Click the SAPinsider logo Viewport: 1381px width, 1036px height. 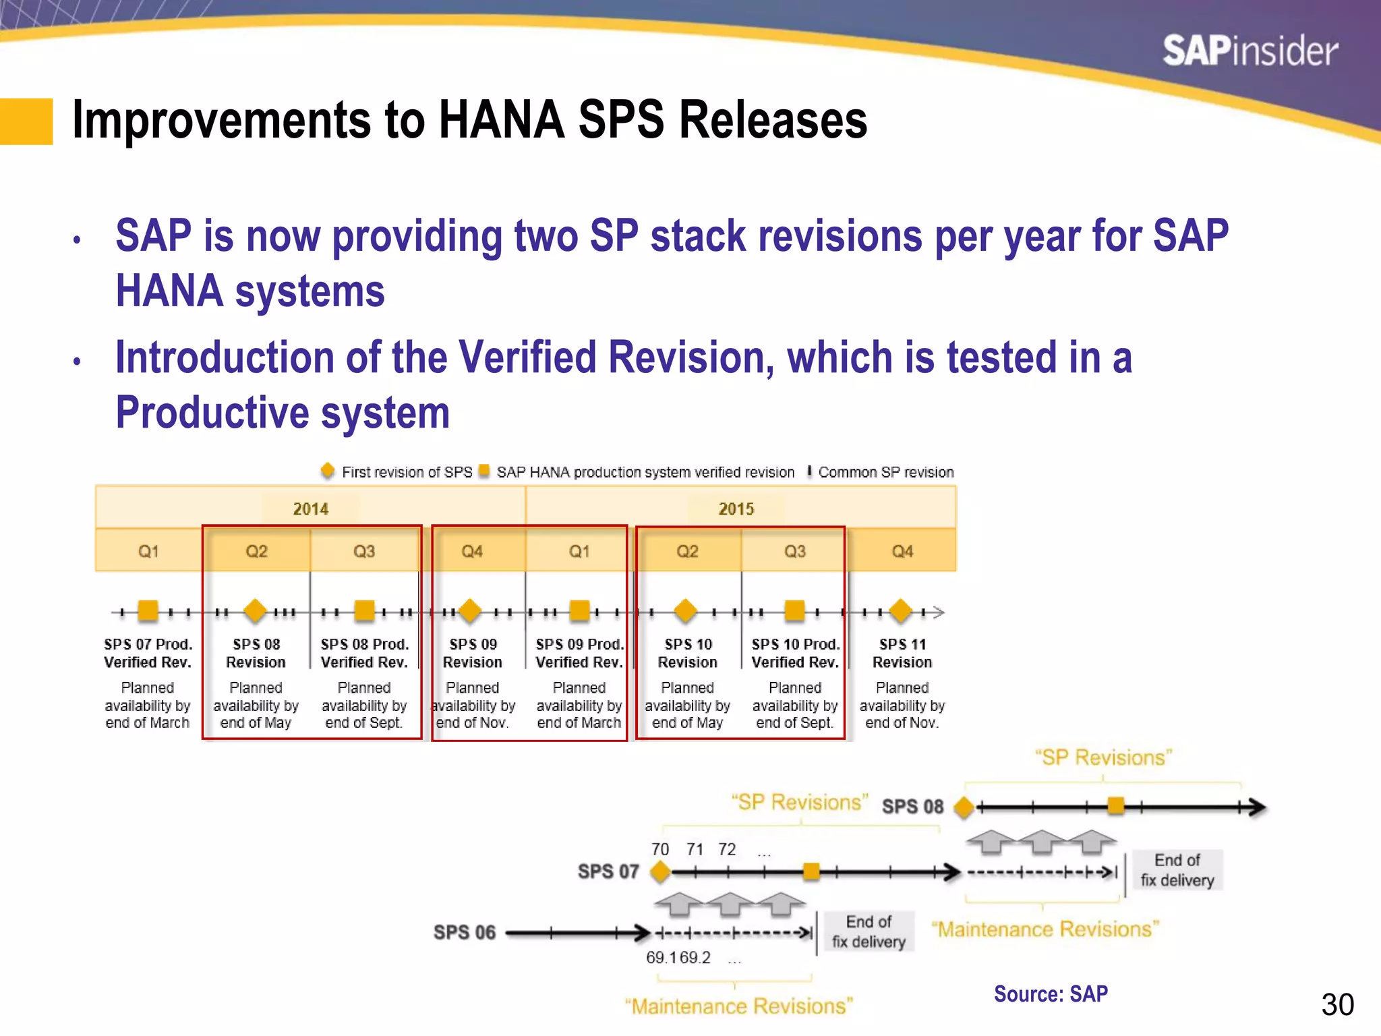(x=1250, y=51)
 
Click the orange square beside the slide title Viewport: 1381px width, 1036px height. (x=26, y=121)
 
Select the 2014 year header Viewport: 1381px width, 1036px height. (x=310, y=509)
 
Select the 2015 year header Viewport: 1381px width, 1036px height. (x=736, y=509)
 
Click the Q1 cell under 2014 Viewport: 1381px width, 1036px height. (x=148, y=551)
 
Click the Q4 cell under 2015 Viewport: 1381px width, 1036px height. (x=902, y=551)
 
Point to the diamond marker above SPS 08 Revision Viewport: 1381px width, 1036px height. (x=255, y=611)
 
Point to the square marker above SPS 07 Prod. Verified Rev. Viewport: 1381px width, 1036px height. (x=148, y=611)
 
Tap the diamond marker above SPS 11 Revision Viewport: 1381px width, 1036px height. (x=901, y=611)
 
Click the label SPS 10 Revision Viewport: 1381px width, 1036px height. (x=687, y=653)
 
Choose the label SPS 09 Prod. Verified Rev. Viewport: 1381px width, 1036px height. (x=579, y=653)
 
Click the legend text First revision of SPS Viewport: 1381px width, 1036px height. (x=407, y=472)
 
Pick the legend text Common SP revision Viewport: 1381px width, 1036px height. (x=885, y=472)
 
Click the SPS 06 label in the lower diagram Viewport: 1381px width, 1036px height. (x=464, y=932)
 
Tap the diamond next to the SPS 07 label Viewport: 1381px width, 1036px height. (x=661, y=872)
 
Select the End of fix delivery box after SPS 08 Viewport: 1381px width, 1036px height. (x=1177, y=870)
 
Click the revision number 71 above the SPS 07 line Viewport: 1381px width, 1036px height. (x=695, y=849)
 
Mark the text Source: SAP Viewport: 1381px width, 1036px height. (x=1050, y=994)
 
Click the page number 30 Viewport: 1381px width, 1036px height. (x=1337, y=1005)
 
